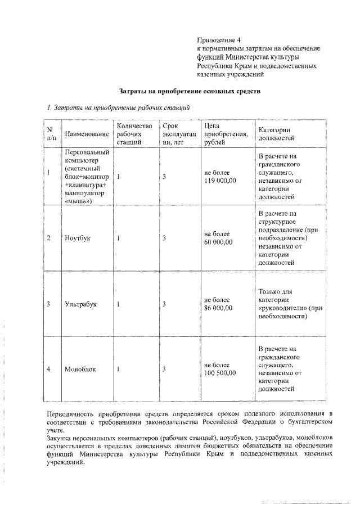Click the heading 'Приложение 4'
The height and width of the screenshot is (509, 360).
(218, 40)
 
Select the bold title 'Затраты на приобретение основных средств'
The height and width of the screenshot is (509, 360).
(190, 91)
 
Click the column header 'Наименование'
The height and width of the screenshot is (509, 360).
(87, 134)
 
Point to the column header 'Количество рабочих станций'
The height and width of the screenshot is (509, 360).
(132, 134)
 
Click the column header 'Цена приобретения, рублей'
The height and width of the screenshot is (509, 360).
(226, 134)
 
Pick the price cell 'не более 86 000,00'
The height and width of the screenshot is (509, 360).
(219, 304)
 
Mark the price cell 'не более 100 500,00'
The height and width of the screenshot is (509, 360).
(220, 369)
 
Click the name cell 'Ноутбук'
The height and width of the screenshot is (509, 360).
(78, 238)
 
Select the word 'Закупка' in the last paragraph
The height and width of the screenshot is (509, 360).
(59, 438)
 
